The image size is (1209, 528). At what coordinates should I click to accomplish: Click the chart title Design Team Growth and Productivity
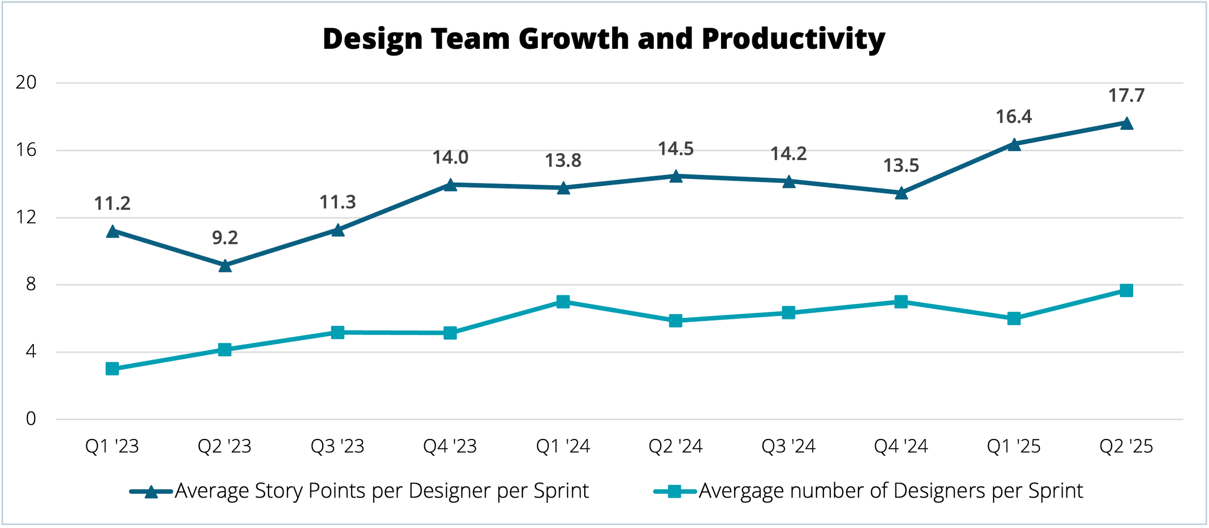pyautogui.click(x=604, y=39)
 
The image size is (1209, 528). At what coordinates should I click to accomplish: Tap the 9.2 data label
pyautogui.click(x=225, y=238)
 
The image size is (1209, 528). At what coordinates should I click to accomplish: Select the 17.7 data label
pyautogui.click(x=1126, y=95)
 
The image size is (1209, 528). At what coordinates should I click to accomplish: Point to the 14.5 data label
pyautogui.click(x=676, y=149)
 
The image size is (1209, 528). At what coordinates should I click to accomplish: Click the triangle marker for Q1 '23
pyautogui.click(x=112, y=231)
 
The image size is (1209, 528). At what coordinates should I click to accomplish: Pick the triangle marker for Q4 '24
pyautogui.click(x=901, y=193)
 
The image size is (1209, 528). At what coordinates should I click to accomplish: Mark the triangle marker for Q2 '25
pyautogui.click(x=1126, y=123)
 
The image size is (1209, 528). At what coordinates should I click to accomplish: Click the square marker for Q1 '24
pyautogui.click(x=563, y=302)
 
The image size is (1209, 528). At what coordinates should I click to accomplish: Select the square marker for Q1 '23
pyautogui.click(x=112, y=369)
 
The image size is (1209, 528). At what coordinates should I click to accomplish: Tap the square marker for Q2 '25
pyautogui.click(x=1126, y=290)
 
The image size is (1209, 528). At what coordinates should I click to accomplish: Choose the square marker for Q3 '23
pyautogui.click(x=338, y=332)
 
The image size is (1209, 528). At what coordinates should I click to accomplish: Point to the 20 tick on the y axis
pyautogui.click(x=26, y=83)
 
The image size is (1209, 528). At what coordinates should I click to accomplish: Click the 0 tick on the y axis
pyautogui.click(x=31, y=419)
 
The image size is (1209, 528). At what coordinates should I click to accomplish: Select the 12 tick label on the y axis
pyautogui.click(x=26, y=217)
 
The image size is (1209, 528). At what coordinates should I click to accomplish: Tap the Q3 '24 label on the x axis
pyautogui.click(x=788, y=446)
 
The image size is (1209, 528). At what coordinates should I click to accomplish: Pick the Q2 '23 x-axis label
pyautogui.click(x=225, y=446)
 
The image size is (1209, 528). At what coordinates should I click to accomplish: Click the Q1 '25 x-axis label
pyautogui.click(x=1014, y=446)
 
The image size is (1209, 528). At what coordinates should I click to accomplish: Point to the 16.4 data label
pyautogui.click(x=1014, y=117)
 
